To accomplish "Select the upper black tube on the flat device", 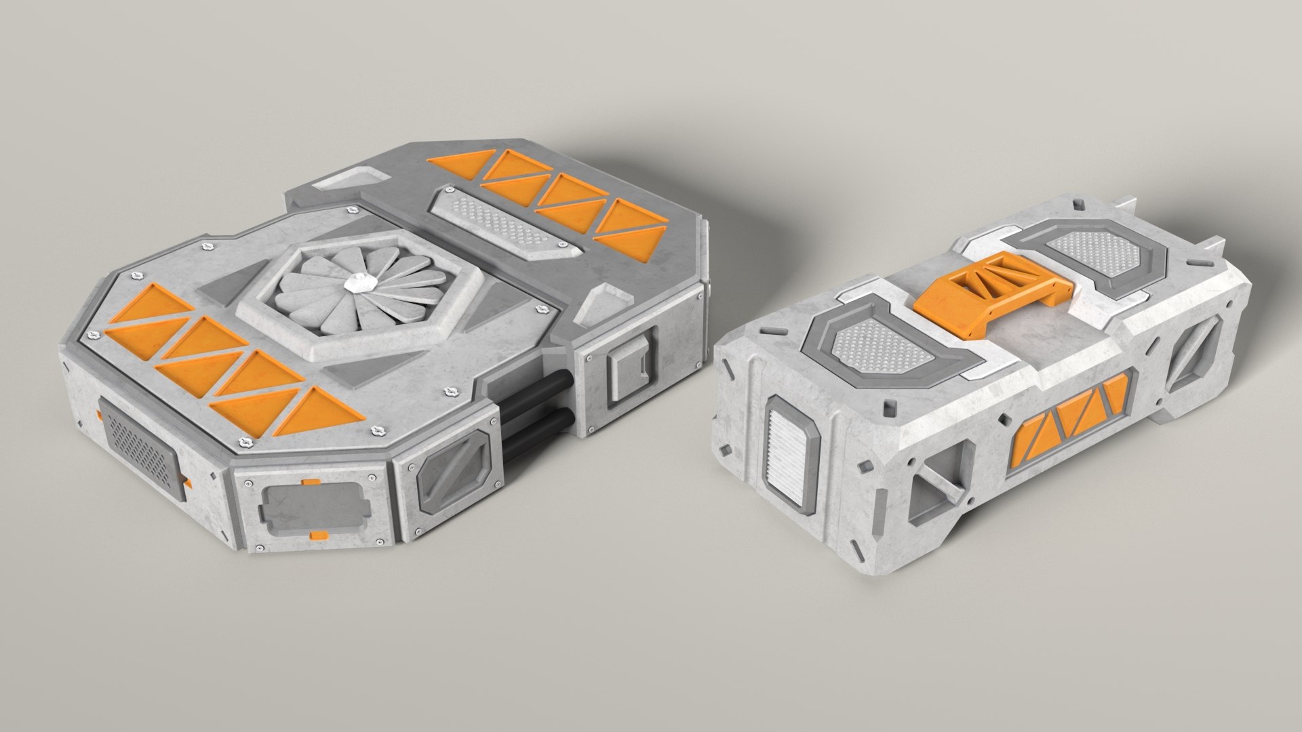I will click(536, 388).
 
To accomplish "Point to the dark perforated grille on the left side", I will click(141, 448).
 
